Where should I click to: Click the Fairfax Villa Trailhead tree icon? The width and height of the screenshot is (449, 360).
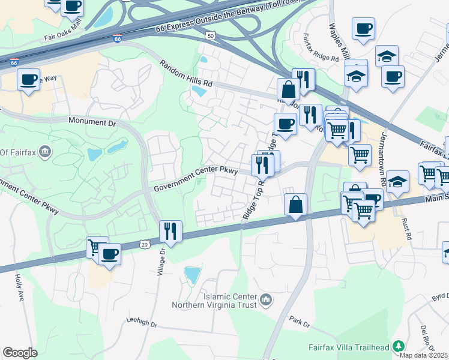[397, 346]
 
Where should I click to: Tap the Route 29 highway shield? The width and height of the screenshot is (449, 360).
[144, 244]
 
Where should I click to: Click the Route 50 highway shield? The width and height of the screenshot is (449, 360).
[210, 37]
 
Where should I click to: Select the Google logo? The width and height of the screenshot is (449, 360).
[20, 353]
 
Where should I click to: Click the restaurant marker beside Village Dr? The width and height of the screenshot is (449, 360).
[170, 231]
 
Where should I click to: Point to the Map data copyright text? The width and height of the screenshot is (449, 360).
[424, 355]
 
